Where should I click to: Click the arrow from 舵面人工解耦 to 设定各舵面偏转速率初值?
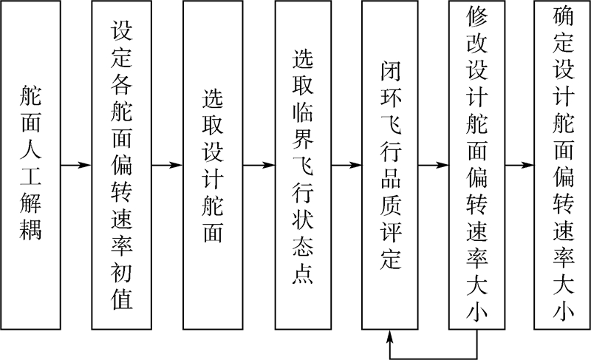coord(75,165)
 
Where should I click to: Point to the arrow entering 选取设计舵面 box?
coord(168,165)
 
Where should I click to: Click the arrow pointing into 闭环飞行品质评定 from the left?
coord(346,165)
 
